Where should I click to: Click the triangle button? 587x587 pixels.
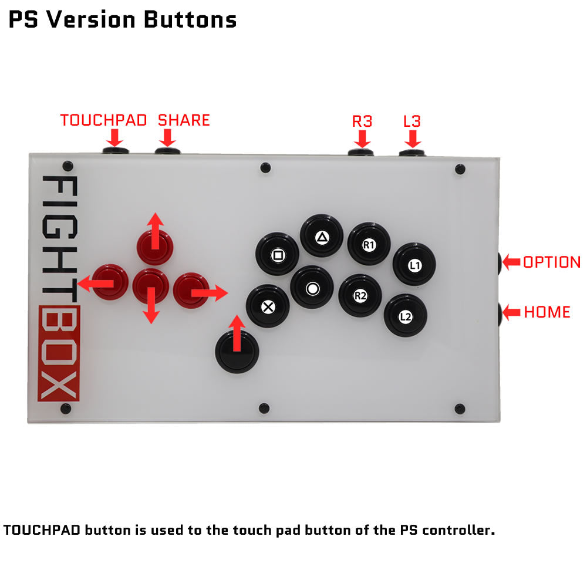pyautogui.click(x=322, y=236)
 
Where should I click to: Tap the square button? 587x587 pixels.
pyautogui.click(x=278, y=254)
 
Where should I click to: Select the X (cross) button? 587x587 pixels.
pyautogui.click(x=268, y=306)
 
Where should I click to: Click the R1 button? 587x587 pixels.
pyautogui.click(x=369, y=244)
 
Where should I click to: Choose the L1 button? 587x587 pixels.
pyautogui.click(x=414, y=264)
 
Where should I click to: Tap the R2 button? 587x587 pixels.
pyautogui.click(x=360, y=295)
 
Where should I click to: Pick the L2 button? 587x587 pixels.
pyautogui.click(x=406, y=316)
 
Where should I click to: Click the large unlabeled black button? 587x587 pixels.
pyautogui.click(x=237, y=352)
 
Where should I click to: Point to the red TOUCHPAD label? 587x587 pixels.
pyautogui.click(x=103, y=120)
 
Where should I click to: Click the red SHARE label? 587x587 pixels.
pyautogui.click(x=184, y=120)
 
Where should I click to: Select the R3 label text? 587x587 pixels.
pyautogui.click(x=362, y=122)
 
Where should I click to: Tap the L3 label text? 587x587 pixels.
pyautogui.click(x=412, y=122)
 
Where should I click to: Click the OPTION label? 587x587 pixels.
pyautogui.click(x=552, y=262)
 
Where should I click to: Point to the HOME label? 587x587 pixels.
pyautogui.click(x=547, y=312)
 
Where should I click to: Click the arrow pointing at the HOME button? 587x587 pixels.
pyautogui.click(x=511, y=312)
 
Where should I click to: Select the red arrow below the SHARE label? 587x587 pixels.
pyautogui.click(x=167, y=138)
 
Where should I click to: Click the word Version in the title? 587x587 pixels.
pyautogui.click(x=90, y=19)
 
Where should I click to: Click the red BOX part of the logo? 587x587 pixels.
pyautogui.click(x=59, y=353)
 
